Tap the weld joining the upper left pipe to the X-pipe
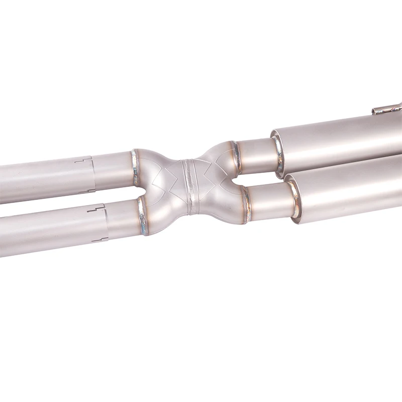click(135, 167)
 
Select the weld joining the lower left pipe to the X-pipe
click(143, 216)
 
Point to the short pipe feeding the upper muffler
click(256, 155)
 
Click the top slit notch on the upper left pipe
click(84, 160)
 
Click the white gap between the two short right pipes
click(261, 178)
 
